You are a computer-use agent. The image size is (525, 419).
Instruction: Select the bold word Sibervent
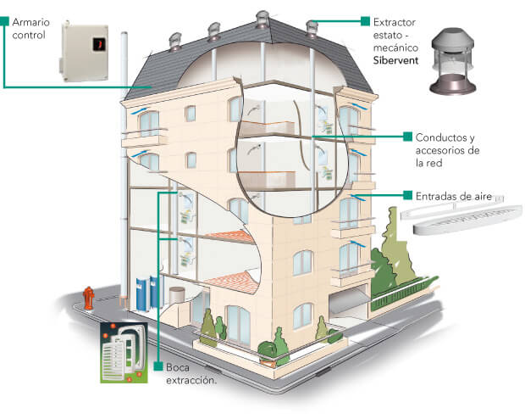(387, 61)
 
